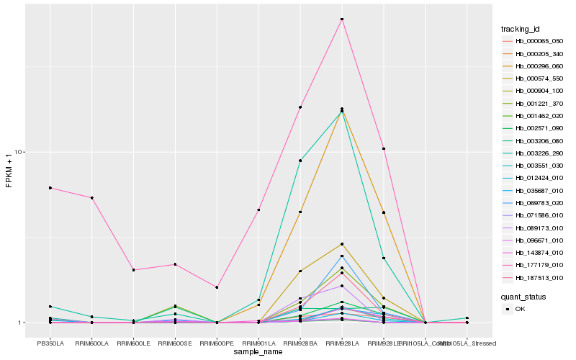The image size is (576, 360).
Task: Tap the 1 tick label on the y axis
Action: click(x=21, y=323)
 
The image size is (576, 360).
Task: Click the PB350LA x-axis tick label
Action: click(x=50, y=343)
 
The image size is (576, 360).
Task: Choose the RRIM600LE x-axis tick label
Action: click(x=133, y=343)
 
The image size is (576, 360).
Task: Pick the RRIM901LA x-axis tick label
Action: click(x=258, y=343)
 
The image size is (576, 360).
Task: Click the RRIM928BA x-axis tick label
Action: click(x=300, y=343)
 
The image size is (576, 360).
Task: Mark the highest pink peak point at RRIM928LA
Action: click(x=342, y=19)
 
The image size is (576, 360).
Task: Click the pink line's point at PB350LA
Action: click(x=50, y=188)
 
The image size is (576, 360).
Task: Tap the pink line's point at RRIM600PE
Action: click(x=217, y=287)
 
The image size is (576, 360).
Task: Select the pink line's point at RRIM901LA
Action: click(x=258, y=210)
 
